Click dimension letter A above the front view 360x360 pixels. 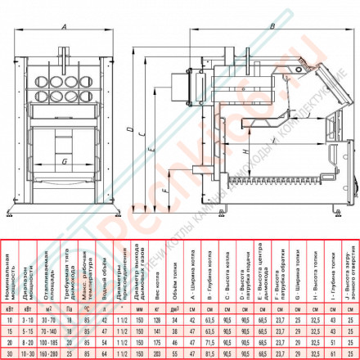65,25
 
